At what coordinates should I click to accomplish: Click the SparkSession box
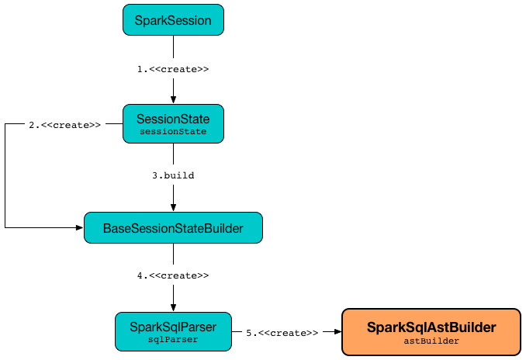point(173,20)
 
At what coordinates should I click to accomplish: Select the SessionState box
point(173,123)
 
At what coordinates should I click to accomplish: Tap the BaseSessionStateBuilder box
point(173,228)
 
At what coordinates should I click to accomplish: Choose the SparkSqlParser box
point(173,331)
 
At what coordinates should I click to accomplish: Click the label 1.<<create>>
point(173,69)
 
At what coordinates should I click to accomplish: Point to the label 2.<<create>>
point(65,124)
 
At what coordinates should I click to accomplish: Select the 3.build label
point(173,175)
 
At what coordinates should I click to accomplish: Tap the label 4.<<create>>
point(173,275)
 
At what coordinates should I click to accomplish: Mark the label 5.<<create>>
point(282,332)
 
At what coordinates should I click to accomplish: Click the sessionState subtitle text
point(173,131)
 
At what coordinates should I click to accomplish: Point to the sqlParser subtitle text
point(173,339)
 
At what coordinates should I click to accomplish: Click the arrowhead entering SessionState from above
point(173,100)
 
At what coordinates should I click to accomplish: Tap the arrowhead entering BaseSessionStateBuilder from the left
point(79,228)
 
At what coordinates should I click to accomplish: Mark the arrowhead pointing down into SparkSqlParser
point(173,307)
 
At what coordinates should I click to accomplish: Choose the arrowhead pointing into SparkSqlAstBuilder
point(337,331)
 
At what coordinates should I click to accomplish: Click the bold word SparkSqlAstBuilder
point(431,327)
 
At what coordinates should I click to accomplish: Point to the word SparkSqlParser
point(173,327)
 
